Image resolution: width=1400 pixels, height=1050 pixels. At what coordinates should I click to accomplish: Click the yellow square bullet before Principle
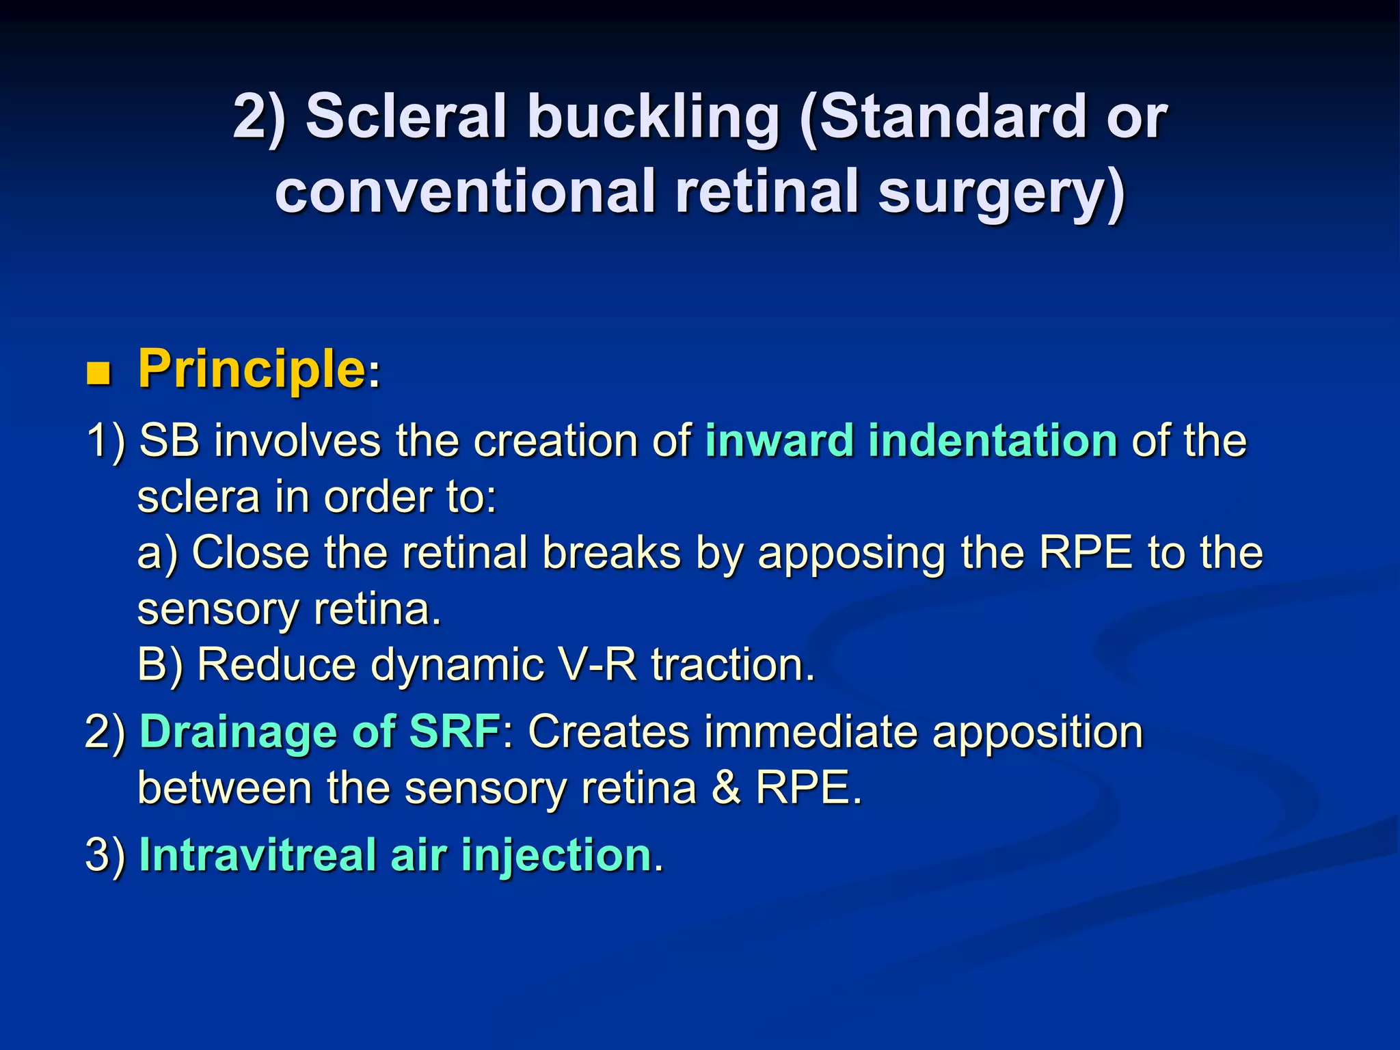pos(99,374)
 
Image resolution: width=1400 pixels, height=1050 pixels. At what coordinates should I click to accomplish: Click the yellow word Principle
pos(252,370)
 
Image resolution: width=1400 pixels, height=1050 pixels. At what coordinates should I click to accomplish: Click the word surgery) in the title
pos(1001,193)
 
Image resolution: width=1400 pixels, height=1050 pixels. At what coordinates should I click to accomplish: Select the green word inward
pos(779,440)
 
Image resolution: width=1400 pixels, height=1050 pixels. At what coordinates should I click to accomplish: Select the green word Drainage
pos(238,731)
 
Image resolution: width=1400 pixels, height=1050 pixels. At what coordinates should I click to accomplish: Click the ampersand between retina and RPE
pos(725,787)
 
